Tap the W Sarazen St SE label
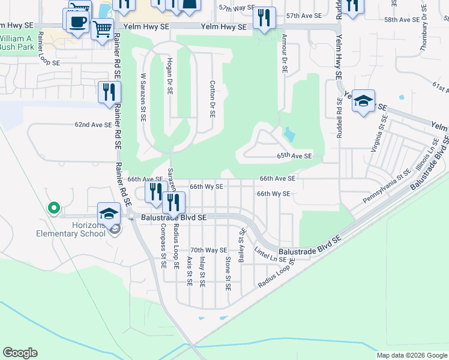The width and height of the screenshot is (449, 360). click(143, 97)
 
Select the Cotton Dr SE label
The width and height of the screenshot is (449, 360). click(212, 99)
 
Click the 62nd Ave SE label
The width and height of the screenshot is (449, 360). click(93, 125)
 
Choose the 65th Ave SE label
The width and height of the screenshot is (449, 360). click(294, 156)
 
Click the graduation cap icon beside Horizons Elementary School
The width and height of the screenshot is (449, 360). click(109, 214)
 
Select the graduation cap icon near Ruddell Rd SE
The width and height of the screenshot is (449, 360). click(363, 101)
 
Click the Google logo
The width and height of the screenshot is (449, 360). click(20, 353)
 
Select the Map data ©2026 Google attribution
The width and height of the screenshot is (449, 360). click(412, 355)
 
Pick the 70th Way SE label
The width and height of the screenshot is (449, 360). click(208, 250)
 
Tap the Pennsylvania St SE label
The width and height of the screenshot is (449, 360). click(387, 186)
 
